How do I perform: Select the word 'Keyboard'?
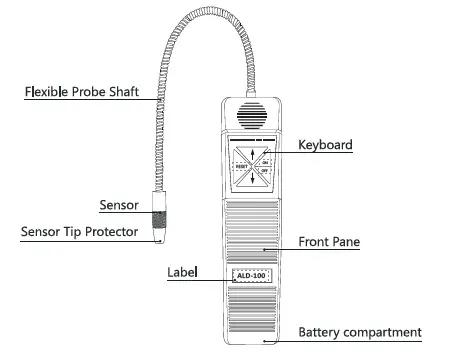click(x=325, y=145)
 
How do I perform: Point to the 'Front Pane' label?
click(x=330, y=241)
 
